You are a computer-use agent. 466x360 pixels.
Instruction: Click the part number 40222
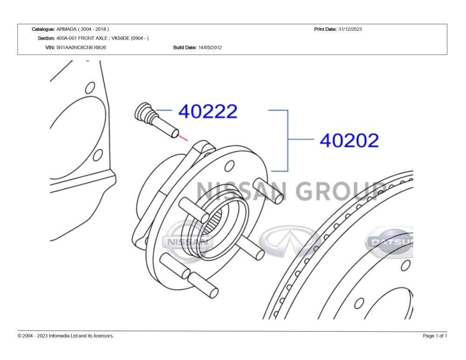point(208,111)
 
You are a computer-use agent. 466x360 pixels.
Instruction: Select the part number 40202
point(349,140)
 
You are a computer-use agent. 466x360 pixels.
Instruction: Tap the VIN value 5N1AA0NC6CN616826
point(81,47)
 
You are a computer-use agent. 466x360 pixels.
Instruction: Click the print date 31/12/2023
point(350,29)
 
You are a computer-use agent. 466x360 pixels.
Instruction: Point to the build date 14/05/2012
point(210,47)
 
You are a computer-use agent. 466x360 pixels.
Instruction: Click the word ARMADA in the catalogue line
point(66,29)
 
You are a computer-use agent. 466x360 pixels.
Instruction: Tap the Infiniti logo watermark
point(290,241)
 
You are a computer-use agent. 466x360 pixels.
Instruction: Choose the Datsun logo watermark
point(389,242)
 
